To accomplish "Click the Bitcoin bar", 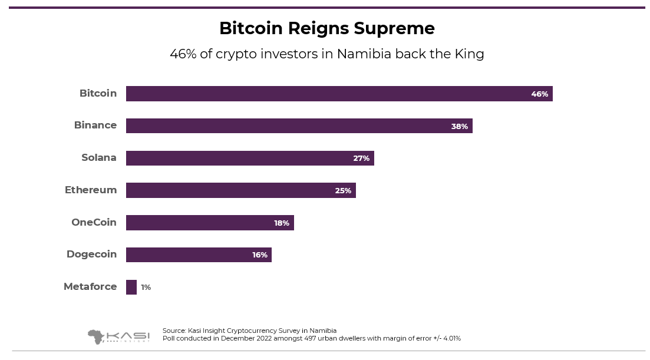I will click(x=339, y=94).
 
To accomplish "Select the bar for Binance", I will click(x=299, y=126).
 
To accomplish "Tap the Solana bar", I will click(x=250, y=158).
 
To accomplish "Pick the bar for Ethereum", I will click(x=240, y=190).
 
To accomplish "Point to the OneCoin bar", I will click(x=210, y=223).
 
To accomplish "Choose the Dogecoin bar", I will click(x=199, y=255).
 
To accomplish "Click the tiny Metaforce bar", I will click(x=131, y=287).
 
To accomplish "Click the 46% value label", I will click(x=539, y=94).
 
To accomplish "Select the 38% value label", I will click(x=459, y=126).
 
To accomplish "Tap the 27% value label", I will click(x=361, y=158).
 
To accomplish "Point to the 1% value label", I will click(x=146, y=288).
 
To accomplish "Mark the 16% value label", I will click(x=260, y=255).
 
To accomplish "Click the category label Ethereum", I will click(x=91, y=190).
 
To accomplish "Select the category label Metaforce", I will click(x=90, y=287).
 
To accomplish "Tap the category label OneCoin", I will click(x=94, y=222).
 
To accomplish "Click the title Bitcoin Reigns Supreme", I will click(x=326, y=28).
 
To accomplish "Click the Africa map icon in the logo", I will click(x=95, y=336).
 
